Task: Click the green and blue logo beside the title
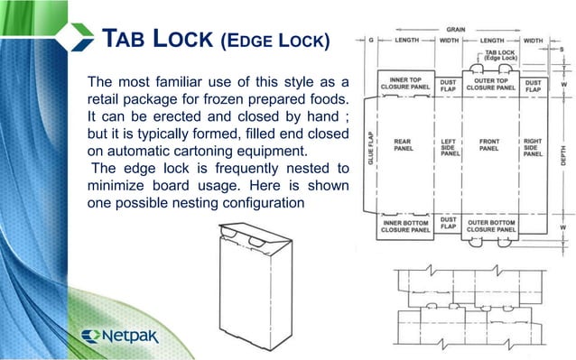(74, 35)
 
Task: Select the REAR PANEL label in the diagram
(403, 145)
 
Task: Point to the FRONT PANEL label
(488, 145)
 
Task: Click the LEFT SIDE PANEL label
(450, 145)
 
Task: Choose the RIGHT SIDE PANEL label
(533, 145)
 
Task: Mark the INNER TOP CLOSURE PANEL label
(404, 84)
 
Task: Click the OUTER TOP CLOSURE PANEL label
(490, 84)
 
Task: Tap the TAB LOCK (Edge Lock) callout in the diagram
(500, 57)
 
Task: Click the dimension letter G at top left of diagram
(371, 41)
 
